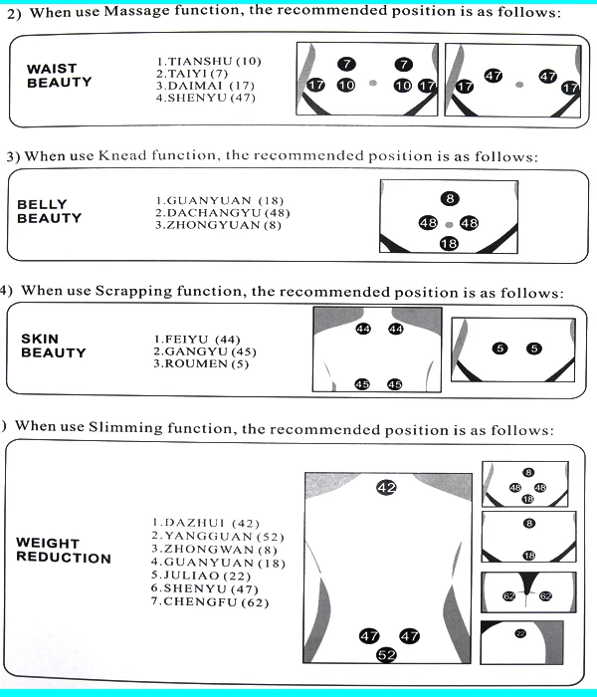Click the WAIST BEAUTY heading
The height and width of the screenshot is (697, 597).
[x=59, y=76]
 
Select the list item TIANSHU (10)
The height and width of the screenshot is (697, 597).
[x=209, y=62]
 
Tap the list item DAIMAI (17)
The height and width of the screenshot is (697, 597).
[x=205, y=86]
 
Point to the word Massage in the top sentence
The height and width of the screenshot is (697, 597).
[x=136, y=11]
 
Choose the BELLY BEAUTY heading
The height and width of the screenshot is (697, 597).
[x=50, y=211]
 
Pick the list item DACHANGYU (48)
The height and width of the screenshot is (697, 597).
[x=223, y=213]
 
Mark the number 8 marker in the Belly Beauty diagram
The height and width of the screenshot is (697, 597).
[x=450, y=198]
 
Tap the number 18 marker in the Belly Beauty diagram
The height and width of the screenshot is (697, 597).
[x=449, y=244]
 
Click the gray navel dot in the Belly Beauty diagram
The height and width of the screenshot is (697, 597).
[x=449, y=225]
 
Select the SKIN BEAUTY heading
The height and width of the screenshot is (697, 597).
[x=54, y=346]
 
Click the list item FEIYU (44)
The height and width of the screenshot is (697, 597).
[x=197, y=340]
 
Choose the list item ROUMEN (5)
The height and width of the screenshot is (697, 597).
[x=201, y=364]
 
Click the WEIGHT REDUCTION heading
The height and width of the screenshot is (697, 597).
[x=64, y=551]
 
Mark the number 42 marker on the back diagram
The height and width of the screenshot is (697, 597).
[x=386, y=488]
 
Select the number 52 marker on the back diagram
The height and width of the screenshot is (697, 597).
[x=386, y=655]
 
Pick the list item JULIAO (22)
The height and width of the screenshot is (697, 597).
[x=201, y=576]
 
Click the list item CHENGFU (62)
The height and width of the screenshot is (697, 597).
[x=210, y=602]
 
